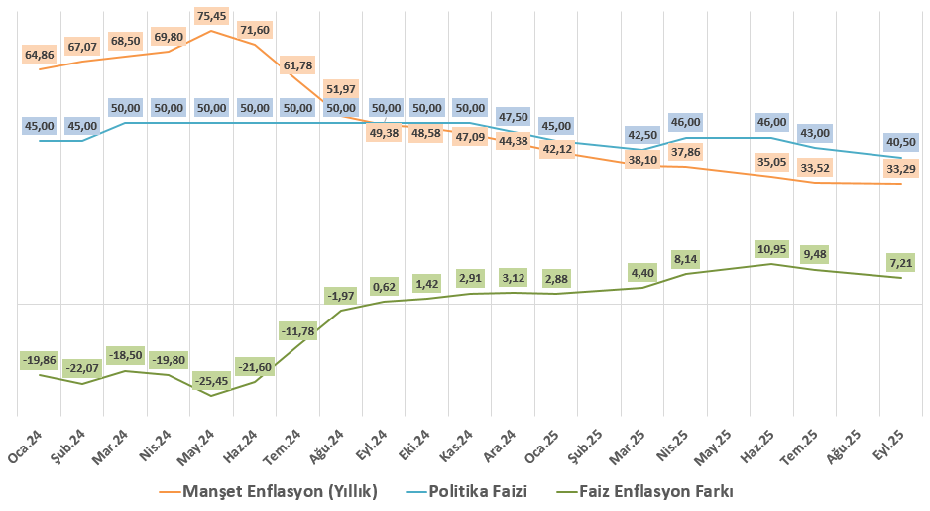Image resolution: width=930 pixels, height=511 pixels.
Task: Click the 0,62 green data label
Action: tap(385, 286)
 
